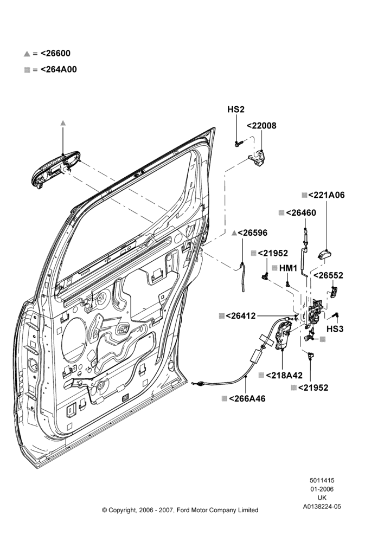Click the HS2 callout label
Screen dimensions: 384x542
(236, 109)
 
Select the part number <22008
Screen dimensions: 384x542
(261, 126)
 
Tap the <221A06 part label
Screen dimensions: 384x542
(326, 195)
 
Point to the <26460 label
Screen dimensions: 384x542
(300, 212)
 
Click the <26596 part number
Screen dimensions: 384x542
(253, 233)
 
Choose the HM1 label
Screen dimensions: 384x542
(288, 268)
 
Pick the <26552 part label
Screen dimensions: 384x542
(328, 275)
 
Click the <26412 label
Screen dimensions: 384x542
(241, 315)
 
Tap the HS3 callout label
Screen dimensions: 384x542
(335, 329)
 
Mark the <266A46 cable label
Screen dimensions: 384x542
(247, 398)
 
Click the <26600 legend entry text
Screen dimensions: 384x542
(55, 53)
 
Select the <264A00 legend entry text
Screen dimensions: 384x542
(59, 69)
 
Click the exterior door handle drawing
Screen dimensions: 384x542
(55, 169)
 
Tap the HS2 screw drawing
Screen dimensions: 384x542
(239, 143)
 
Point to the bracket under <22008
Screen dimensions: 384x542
(257, 158)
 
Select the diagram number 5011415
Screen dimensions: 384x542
(322, 480)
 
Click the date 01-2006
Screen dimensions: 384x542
(322, 489)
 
